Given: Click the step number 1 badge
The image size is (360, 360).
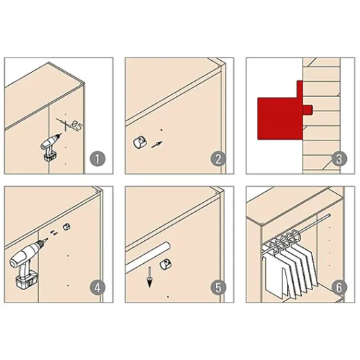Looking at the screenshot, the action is pos(98,159).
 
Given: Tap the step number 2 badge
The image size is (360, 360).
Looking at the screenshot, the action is pos(218,159).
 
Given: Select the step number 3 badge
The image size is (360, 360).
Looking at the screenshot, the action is pos(339,159).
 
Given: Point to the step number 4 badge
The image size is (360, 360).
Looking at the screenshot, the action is pos(98,287).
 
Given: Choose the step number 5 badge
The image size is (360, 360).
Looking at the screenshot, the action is pos(218,287).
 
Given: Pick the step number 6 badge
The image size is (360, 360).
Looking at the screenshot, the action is pos(339,287).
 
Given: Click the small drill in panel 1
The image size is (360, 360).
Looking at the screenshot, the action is pos(51,147).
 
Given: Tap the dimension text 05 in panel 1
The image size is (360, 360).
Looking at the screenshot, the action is pos(76,126).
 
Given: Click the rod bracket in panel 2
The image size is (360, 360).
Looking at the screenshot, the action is pos(140,143).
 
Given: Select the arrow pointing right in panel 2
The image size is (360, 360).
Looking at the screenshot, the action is pos(157,145).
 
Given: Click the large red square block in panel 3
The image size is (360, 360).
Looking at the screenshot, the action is pos(280,118).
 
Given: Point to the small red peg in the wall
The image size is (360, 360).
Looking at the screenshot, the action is pos(308,109).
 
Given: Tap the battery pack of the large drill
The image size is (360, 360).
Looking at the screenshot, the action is pos(26,279).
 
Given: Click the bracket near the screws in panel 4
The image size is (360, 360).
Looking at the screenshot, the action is pos(67,227).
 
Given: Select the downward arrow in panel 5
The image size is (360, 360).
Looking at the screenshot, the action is pos(150,277).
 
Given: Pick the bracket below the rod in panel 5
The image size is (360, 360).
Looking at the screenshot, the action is pos(165,264).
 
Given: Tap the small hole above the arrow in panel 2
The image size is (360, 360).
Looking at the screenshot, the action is pos(161,130).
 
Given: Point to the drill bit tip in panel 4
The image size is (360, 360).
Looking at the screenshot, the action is pos(47,239).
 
